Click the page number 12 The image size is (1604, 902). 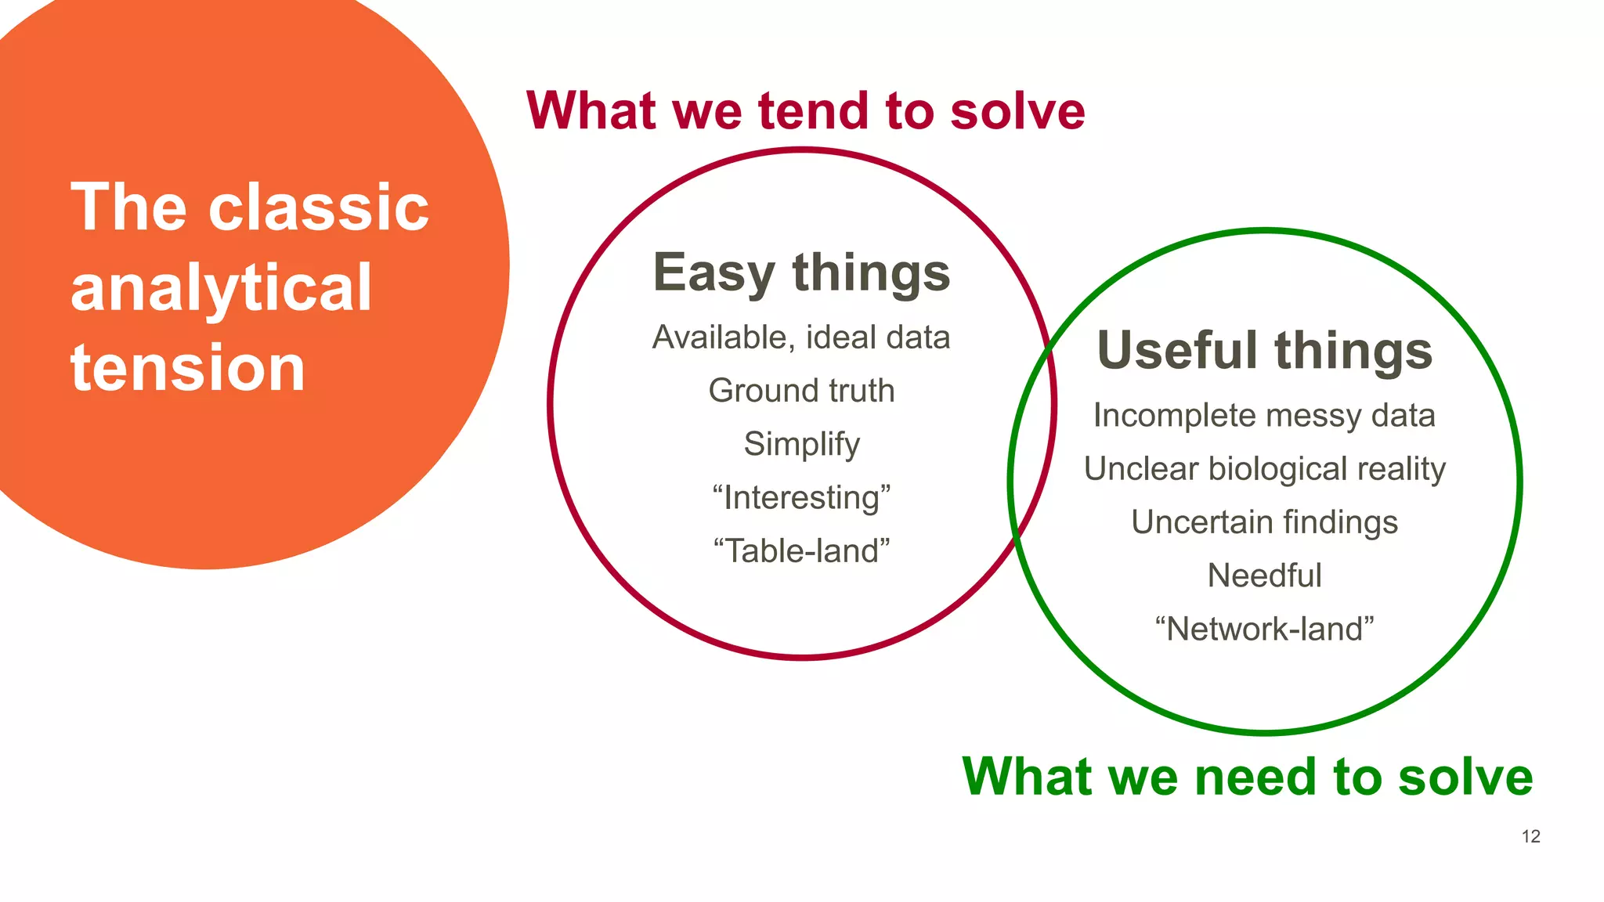(1530, 836)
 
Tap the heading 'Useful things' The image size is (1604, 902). (1265, 350)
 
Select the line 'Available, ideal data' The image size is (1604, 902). (801, 337)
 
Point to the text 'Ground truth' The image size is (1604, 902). (801, 391)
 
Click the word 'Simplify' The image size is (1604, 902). (801, 444)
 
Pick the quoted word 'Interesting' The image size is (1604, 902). (801, 498)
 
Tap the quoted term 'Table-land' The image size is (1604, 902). (801, 551)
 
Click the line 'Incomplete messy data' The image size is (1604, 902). (1264, 416)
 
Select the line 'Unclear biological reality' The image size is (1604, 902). (1264, 469)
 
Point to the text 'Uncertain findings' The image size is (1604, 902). (1264, 522)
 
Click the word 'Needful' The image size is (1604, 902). (1264, 575)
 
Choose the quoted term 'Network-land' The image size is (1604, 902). (1264, 629)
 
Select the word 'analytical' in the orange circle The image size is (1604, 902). (221, 288)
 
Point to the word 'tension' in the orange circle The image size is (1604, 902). (188, 368)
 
